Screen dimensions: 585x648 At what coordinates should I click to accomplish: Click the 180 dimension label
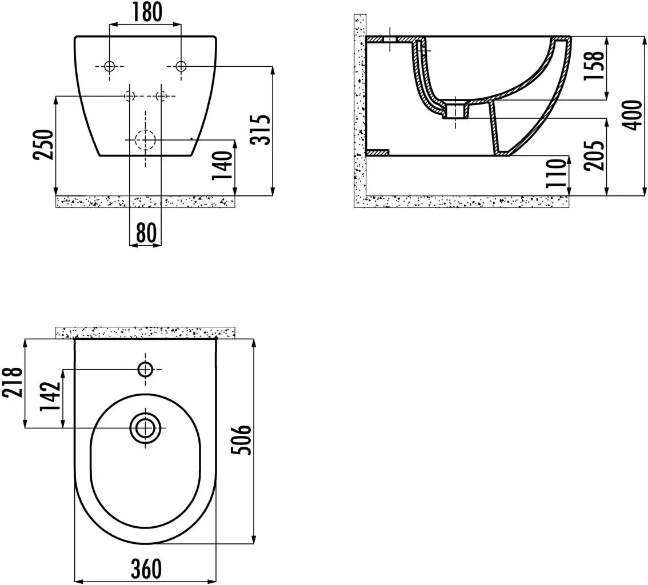coord(146,11)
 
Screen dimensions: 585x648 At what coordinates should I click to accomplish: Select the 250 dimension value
coord(46,145)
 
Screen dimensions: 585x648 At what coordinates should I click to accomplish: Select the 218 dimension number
coord(13,383)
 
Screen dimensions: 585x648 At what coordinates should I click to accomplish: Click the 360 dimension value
coord(146,568)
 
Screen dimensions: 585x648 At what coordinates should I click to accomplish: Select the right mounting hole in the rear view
coord(181,66)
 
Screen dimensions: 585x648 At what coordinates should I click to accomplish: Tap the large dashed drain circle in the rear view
coord(145,139)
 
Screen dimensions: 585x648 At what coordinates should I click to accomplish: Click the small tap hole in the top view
coord(145,370)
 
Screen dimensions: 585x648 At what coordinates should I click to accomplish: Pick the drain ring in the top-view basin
coord(145,427)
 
